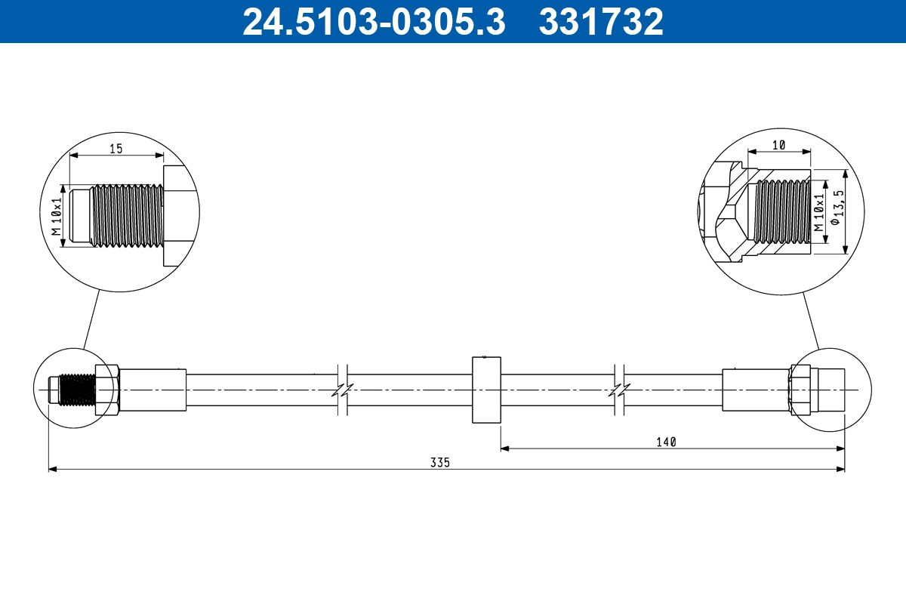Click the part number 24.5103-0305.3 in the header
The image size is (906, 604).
[374, 22]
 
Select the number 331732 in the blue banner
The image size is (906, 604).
[601, 22]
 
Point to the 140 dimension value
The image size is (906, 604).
[665, 442]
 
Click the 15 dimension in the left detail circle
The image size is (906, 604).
[116, 149]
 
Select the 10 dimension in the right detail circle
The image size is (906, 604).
[778, 144]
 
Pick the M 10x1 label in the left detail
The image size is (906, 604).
[55, 216]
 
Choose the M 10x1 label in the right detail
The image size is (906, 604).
[819, 212]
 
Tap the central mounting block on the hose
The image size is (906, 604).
[486, 390]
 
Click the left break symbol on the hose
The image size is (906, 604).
[342, 390]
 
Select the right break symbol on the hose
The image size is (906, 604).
[620, 390]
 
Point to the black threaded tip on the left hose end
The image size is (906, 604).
[77, 390]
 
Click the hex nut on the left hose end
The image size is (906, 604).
[106, 390]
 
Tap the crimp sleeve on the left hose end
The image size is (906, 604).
[153, 390]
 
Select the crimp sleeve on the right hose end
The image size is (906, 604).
[755, 390]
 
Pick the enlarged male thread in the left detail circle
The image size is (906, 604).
[125, 216]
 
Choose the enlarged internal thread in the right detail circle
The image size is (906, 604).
[782, 212]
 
